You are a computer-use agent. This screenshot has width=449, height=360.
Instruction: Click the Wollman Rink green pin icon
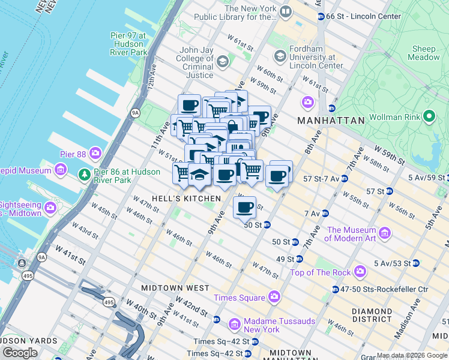coord(429,116)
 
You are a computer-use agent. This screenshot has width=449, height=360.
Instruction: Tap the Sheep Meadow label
coord(424,53)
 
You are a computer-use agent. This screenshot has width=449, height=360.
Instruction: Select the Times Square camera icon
coord(274,296)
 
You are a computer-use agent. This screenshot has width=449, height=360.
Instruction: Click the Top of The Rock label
coord(320,272)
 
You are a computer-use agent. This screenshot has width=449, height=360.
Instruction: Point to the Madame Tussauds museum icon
coord(235,325)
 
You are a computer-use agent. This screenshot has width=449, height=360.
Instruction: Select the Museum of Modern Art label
coord(352,234)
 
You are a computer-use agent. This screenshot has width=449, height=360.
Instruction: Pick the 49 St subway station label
coord(285,259)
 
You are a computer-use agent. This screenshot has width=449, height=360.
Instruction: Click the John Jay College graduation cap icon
coord(223,62)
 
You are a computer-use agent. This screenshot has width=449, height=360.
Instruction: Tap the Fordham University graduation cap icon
coord(280,56)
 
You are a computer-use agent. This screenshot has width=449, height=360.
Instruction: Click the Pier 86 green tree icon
coord(86,175)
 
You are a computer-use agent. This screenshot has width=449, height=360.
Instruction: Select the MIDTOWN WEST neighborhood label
coord(166,288)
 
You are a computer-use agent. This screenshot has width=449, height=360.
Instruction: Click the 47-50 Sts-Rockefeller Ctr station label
coord(384,289)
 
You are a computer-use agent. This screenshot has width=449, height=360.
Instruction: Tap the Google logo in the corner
coord(20,352)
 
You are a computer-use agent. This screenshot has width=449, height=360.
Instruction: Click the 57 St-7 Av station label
coord(321,179)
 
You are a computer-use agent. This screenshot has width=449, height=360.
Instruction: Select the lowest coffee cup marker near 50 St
coord(244,208)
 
